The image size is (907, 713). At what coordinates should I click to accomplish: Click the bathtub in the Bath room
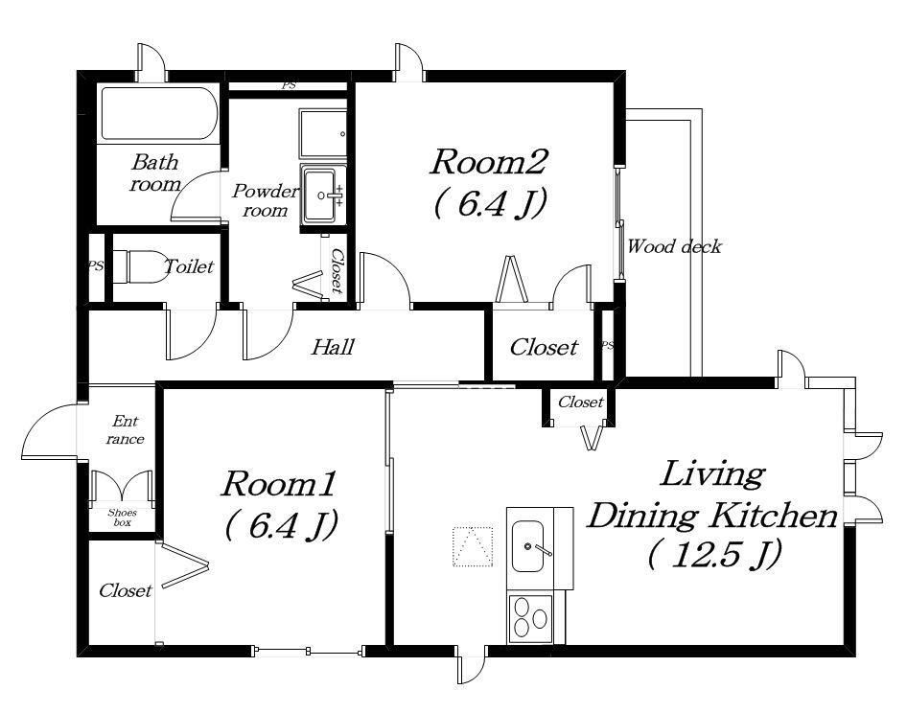(x=159, y=113)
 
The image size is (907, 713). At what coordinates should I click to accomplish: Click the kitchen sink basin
(x=527, y=546)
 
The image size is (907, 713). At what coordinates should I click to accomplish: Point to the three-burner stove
(x=530, y=619)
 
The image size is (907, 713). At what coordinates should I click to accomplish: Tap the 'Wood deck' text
(x=674, y=247)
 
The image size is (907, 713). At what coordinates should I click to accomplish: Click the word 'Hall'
(x=333, y=347)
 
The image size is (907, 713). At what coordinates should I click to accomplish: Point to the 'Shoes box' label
(x=122, y=517)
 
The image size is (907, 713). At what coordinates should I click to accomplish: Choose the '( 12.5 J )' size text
(x=715, y=554)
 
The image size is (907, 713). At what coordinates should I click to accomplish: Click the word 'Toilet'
(x=189, y=266)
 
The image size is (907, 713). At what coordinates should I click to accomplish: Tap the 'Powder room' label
(x=265, y=200)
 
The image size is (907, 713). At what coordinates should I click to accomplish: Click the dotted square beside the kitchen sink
(x=473, y=546)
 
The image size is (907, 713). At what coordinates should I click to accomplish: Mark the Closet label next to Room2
(x=544, y=347)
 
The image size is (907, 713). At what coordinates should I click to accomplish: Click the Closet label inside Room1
(x=125, y=590)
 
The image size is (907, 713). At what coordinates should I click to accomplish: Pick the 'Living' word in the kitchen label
(x=712, y=474)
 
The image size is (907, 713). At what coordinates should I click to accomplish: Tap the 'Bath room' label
(x=155, y=172)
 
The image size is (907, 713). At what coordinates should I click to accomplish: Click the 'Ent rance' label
(x=125, y=429)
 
